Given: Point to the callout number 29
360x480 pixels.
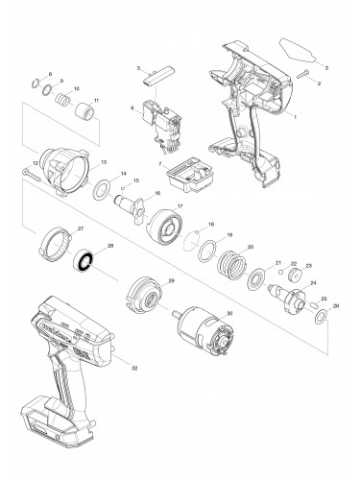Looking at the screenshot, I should [172, 280].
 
